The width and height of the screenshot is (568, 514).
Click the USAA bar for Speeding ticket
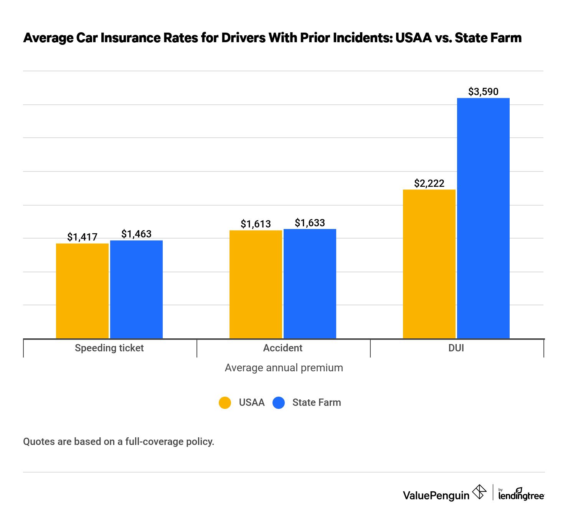82,291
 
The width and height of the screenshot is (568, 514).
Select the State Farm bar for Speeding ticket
136,289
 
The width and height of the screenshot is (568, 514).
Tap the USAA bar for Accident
256,284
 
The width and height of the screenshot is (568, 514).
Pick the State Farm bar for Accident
310,283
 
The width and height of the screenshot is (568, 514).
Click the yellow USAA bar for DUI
429,264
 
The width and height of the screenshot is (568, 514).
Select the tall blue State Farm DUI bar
483,218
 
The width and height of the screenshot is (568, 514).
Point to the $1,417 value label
82,237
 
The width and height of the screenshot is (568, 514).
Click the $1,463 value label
136,234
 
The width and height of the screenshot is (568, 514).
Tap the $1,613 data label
256,224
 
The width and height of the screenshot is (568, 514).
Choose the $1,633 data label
310,223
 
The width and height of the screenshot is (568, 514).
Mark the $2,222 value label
429,183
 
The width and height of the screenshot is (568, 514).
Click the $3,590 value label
483,92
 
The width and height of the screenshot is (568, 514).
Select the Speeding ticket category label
109,348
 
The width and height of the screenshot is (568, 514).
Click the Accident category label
283,348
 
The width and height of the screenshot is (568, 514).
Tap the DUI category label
456,348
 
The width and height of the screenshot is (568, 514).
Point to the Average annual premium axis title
284,368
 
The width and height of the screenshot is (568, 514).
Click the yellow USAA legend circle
225,402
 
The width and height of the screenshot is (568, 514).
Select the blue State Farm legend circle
279,402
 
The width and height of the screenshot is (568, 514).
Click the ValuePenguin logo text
436,495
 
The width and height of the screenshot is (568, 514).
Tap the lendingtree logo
521,494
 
